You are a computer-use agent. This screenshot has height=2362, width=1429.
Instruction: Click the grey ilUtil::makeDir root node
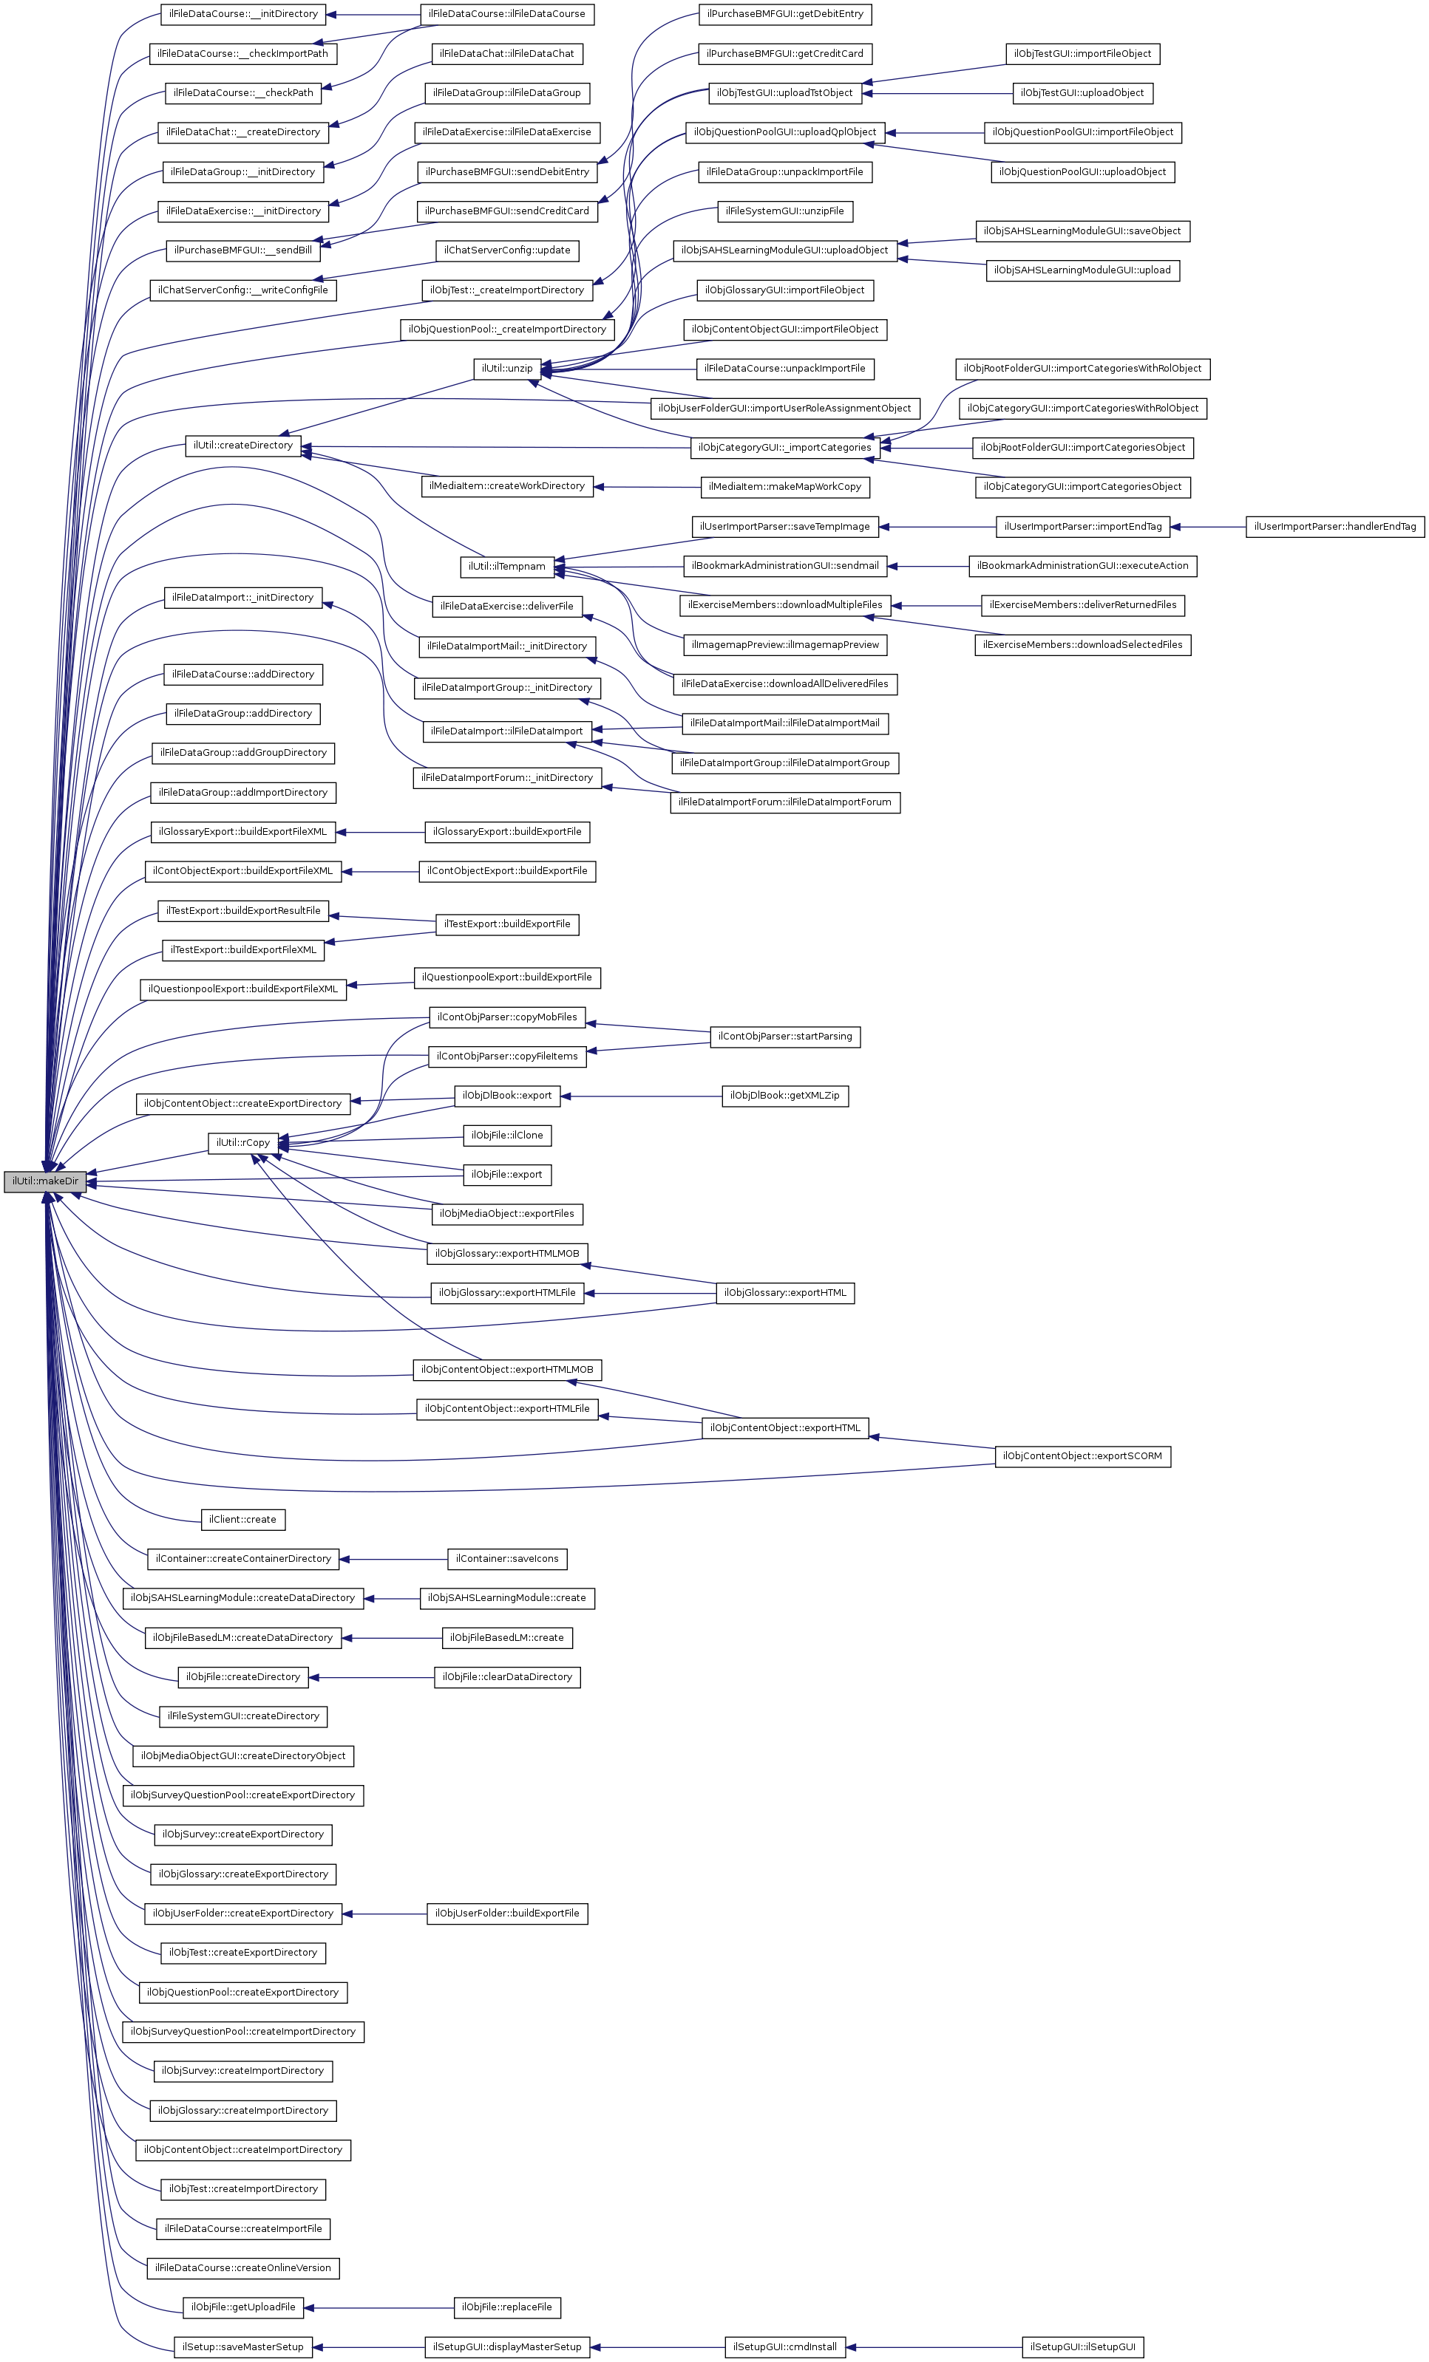coord(44,1181)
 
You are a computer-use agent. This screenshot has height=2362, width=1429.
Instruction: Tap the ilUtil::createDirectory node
coord(242,446)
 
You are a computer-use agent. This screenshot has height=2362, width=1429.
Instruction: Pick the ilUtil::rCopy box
coord(242,1143)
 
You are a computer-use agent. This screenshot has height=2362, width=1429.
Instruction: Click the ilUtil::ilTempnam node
coord(506,567)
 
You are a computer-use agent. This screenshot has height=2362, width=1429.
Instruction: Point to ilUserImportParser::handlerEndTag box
coord(1334,526)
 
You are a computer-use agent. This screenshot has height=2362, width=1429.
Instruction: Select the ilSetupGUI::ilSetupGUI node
coord(1082,2346)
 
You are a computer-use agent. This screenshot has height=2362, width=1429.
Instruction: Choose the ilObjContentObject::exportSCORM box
coord(1082,1456)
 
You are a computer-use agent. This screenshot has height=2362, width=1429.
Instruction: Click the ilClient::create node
coord(242,1520)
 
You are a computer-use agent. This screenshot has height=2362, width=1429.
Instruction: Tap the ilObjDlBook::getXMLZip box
coord(784,1096)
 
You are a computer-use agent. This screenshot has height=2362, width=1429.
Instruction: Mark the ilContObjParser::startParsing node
coord(784,1037)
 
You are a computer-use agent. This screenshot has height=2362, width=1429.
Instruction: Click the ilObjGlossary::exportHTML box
coord(784,1293)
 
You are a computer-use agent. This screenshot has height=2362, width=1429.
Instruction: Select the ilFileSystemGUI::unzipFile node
coord(784,211)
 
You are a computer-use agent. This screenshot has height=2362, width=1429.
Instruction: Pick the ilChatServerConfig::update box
coord(506,250)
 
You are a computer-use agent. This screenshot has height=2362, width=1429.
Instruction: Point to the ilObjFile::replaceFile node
coord(506,2307)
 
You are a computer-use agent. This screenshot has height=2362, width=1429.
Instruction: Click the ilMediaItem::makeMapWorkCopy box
coord(784,487)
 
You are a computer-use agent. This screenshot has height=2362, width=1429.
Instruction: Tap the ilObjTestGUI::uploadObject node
coord(1082,93)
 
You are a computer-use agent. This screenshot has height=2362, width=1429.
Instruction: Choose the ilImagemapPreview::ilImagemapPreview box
coord(784,645)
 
